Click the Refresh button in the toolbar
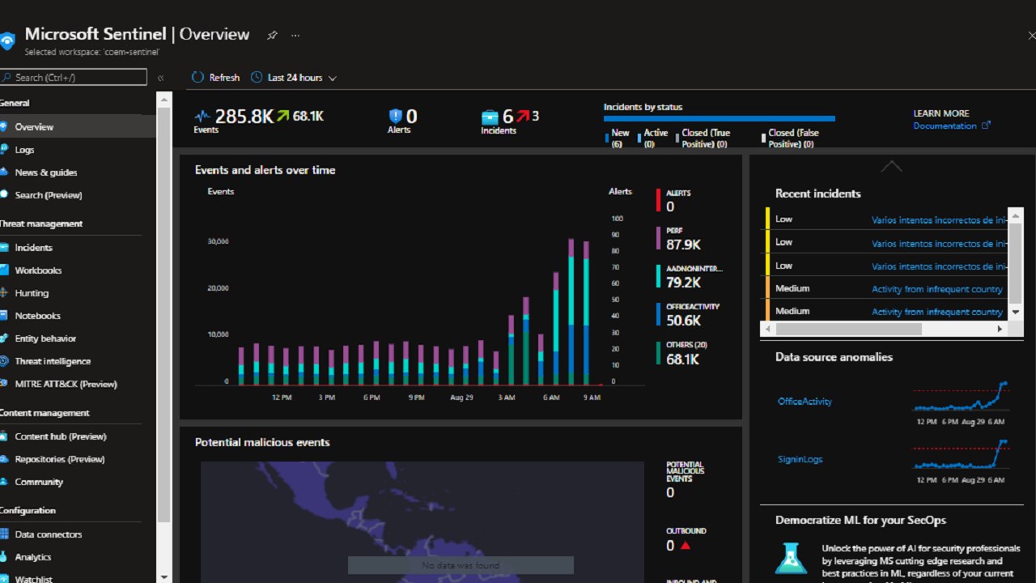click(216, 78)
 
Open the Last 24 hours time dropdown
click(294, 78)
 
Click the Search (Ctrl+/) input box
click(74, 78)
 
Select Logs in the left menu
click(24, 150)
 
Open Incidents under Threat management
click(33, 248)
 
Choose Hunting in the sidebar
click(32, 293)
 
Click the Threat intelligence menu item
click(52, 361)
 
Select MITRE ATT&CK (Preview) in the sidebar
click(66, 384)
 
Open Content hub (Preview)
click(60, 436)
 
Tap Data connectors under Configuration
click(48, 534)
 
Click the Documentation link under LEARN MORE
click(945, 126)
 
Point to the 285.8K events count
click(244, 117)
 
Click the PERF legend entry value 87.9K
click(683, 245)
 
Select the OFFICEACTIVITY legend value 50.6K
click(683, 321)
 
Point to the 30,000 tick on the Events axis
click(219, 241)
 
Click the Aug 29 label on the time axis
click(461, 398)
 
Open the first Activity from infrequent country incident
click(936, 289)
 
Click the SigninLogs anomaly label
click(800, 459)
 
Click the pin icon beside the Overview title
click(272, 36)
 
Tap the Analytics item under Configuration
click(32, 557)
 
